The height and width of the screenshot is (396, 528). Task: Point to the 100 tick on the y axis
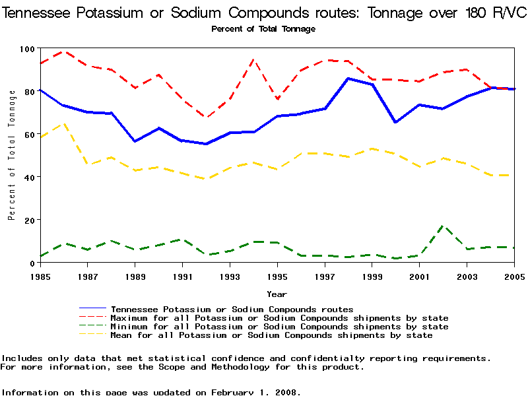click(26, 49)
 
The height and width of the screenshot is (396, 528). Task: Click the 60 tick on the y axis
click(29, 135)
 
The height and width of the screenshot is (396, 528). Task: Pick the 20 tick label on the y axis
click(29, 220)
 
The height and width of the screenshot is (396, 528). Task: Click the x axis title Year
click(277, 294)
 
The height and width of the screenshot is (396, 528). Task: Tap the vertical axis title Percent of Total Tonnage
click(11, 156)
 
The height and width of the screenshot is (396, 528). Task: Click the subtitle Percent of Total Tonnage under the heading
click(263, 29)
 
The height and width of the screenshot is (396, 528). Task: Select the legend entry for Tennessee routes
click(232, 309)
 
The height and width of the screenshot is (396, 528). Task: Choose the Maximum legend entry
click(279, 318)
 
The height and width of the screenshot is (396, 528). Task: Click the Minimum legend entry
click(279, 327)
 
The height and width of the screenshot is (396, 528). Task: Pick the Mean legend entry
click(271, 335)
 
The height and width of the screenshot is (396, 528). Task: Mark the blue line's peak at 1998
click(348, 79)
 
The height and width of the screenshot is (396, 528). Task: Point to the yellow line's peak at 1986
click(63, 123)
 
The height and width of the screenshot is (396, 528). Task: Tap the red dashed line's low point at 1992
click(206, 117)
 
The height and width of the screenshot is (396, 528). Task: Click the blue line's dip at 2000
click(395, 122)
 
